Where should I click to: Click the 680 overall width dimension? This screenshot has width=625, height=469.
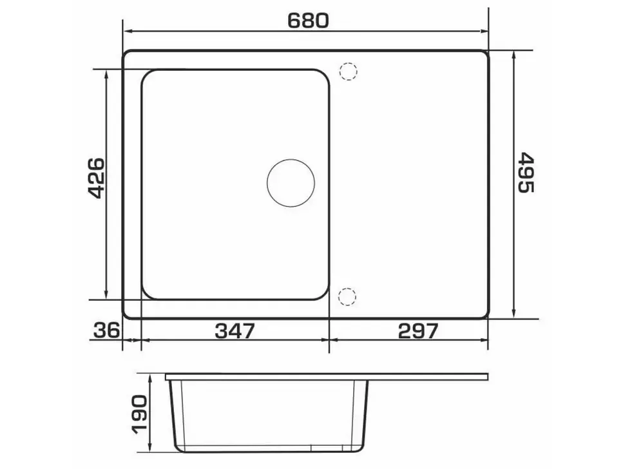coord(308,21)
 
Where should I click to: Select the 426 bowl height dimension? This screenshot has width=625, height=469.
coord(95,178)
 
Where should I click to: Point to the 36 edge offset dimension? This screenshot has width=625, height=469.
coord(106,330)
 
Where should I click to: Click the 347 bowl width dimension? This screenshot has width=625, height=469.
coord(235,330)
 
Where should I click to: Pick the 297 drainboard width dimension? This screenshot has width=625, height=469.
coord(418,330)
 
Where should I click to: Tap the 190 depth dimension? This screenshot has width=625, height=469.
coord(140,414)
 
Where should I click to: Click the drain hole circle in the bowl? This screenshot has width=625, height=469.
coord(291,183)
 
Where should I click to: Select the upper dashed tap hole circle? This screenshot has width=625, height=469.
coord(349,72)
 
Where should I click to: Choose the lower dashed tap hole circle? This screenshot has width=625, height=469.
coord(347,296)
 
